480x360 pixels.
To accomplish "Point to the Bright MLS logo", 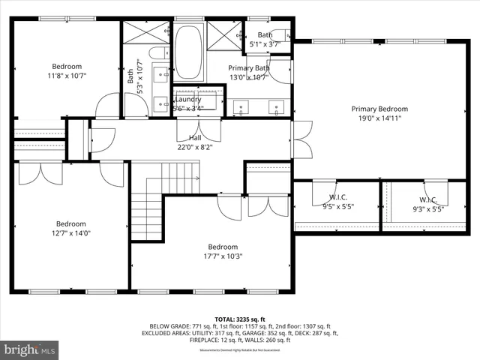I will coord(30,349).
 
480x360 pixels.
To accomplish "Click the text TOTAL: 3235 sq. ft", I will coord(240,319).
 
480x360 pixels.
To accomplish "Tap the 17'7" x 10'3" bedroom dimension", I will coord(223,256).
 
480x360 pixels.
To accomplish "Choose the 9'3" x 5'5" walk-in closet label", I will coord(428,210).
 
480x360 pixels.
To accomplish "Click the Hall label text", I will coord(195,138).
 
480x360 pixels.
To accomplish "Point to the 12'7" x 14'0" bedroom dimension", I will coord(71,232).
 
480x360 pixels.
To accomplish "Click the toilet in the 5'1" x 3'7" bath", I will coord(280,34).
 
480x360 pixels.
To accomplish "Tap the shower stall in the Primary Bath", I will coord(223,35).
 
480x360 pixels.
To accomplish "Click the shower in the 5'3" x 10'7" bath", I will coord(145,32).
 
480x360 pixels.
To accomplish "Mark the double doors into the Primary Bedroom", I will coord(301,139).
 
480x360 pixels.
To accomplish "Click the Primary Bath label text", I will coord(247,67).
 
